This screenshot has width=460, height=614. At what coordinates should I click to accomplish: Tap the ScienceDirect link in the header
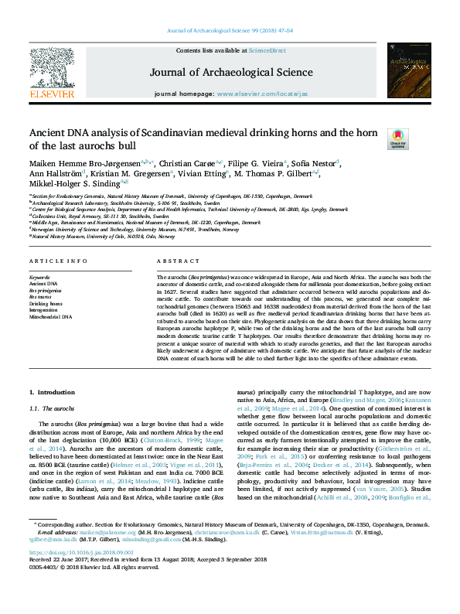pyautogui.click(x=267, y=50)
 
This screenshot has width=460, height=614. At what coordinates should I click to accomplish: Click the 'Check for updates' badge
pyautogui.click(x=419, y=139)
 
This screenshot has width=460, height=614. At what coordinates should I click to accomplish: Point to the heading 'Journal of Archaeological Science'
pyautogui.click(x=231, y=72)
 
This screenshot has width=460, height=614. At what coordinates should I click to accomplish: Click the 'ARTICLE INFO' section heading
pyautogui.click(x=58, y=262)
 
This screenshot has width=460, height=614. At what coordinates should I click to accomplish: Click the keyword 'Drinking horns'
pyautogui.click(x=46, y=303)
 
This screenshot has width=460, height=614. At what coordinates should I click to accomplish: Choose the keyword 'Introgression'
pyautogui.click(x=44, y=309)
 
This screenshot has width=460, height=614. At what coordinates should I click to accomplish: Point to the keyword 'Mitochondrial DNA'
pyautogui.click(x=50, y=316)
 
